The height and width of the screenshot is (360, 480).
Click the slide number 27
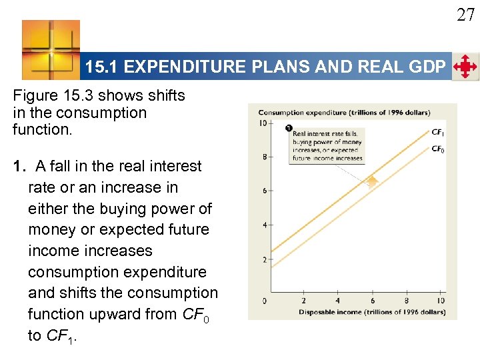click(x=465, y=14)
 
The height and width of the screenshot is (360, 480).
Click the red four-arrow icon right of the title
click(x=465, y=67)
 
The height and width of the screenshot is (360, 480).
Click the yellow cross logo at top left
click(x=51, y=49)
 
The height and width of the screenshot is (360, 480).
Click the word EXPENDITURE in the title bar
click(x=194, y=67)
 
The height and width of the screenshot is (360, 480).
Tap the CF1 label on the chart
click(x=438, y=133)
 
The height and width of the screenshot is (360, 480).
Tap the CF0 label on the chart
click(x=438, y=149)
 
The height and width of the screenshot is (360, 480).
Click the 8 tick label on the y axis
click(x=265, y=157)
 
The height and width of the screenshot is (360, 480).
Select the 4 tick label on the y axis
click(x=265, y=225)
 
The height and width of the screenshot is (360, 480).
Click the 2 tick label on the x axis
click(x=303, y=301)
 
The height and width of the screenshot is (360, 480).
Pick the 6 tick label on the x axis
click(x=372, y=301)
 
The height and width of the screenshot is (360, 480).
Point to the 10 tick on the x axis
click(x=441, y=301)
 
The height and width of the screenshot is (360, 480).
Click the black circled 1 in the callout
click(x=288, y=128)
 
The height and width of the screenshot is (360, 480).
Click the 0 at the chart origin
click(x=265, y=301)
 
